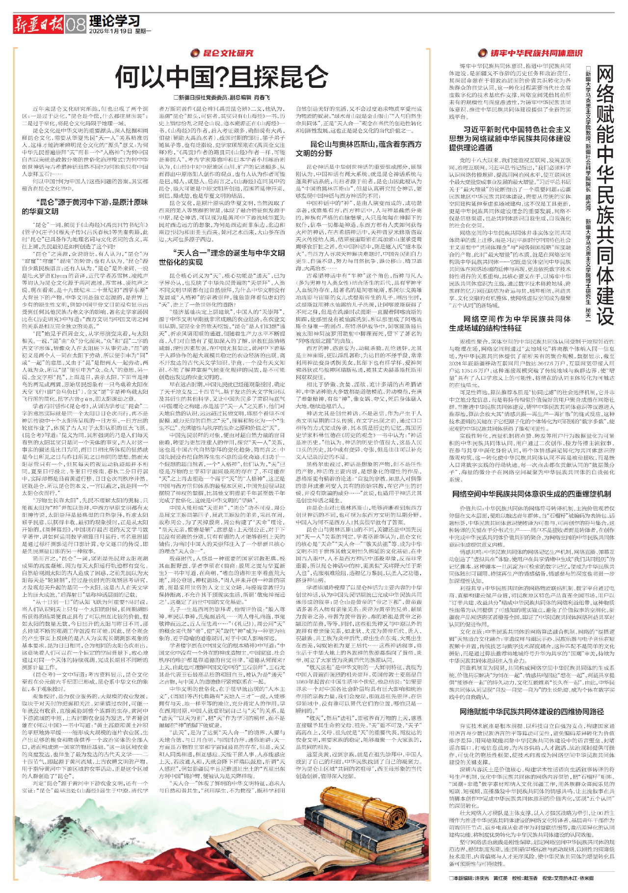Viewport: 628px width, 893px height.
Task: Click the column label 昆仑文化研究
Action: [x=229, y=53]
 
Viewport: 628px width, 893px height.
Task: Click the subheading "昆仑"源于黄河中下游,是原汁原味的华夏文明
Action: [x=84, y=207]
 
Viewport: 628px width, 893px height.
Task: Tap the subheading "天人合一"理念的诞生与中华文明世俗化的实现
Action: [x=229, y=258]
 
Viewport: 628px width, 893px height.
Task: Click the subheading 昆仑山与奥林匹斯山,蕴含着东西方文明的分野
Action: [x=359, y=149]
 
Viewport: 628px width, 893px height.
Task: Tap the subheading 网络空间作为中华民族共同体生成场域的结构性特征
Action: [x=510, y=324]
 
